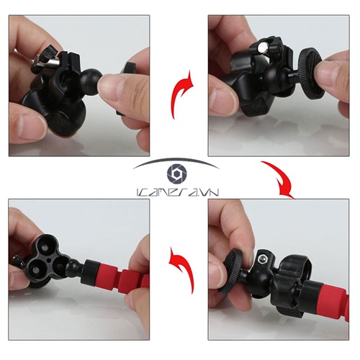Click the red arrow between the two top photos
[x=180, y=90]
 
